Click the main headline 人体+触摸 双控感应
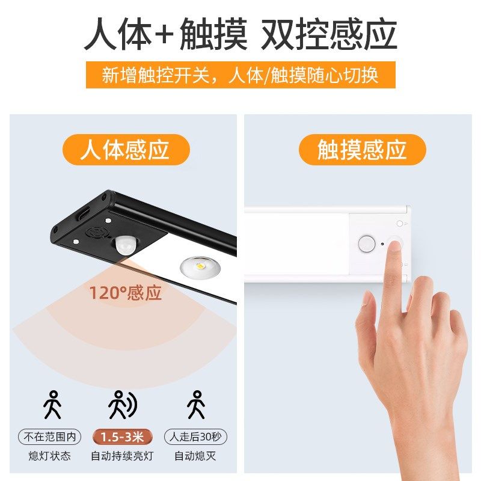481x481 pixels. [x=240, y=34]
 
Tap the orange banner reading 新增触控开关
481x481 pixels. [x=240, y=76]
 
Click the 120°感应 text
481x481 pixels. [x=126, y=293]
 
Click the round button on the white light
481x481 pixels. [x=365, y=243]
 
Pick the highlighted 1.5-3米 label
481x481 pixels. [x=122, y=437]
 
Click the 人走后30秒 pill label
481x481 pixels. [x=195, y=437]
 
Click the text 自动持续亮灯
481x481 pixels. [x=122, y=456]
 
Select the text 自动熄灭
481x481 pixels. [x=195, y=456]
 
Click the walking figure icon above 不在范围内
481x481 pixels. [x=52, y=404]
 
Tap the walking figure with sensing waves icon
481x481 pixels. [x=121, y=404]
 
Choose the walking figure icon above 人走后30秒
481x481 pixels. [x=195, y=404]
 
